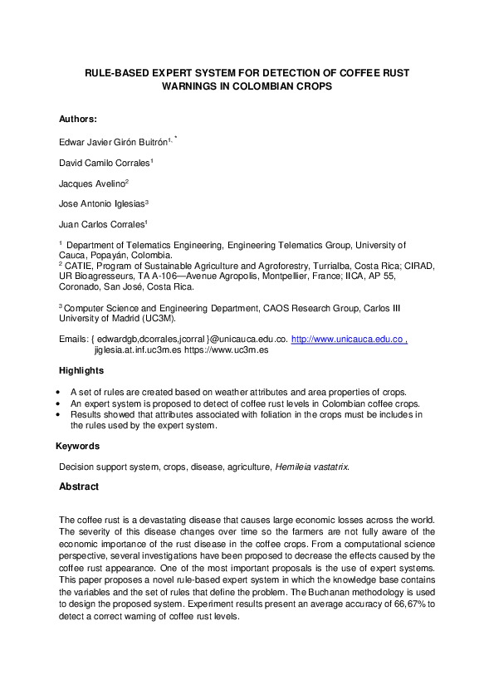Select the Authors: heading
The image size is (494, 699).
pyautogui.click(x=78, y=119)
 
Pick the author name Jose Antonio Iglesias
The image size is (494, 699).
pyautogui.click(x=101, y=203)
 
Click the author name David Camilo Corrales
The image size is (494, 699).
pyautogui.click(x=104, y=162)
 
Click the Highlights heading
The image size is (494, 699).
pyautogui.click(x=81, y=370)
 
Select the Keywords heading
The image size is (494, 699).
pyautogui.click(x=77, y=447)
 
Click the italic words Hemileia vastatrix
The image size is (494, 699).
pyautogui.click(x=314, y=467)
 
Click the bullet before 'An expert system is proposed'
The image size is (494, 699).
pyautogui.click(x=57, y=403)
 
